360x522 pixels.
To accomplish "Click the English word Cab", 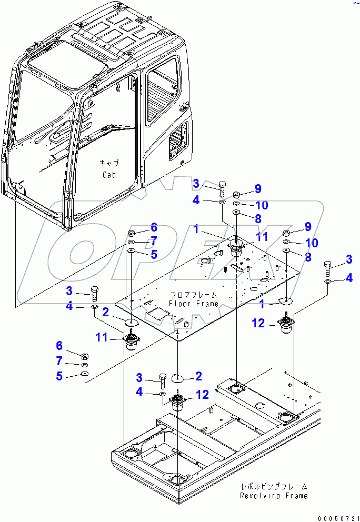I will [108, 175].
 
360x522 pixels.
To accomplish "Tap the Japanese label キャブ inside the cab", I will [108, 163].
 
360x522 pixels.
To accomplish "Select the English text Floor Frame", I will [193, 304].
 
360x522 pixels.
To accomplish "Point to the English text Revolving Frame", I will [273, 496].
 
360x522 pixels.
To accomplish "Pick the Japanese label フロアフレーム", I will [194, 295].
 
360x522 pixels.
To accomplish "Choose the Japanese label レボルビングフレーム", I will [273, 487].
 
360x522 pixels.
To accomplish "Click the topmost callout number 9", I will [257, 188].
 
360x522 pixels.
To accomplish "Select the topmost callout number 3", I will [196, 184].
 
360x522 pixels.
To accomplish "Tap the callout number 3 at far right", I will [348, 259].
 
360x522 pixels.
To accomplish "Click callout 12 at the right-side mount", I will [259, 324].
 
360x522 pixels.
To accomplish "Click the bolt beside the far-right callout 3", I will [328, 268].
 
